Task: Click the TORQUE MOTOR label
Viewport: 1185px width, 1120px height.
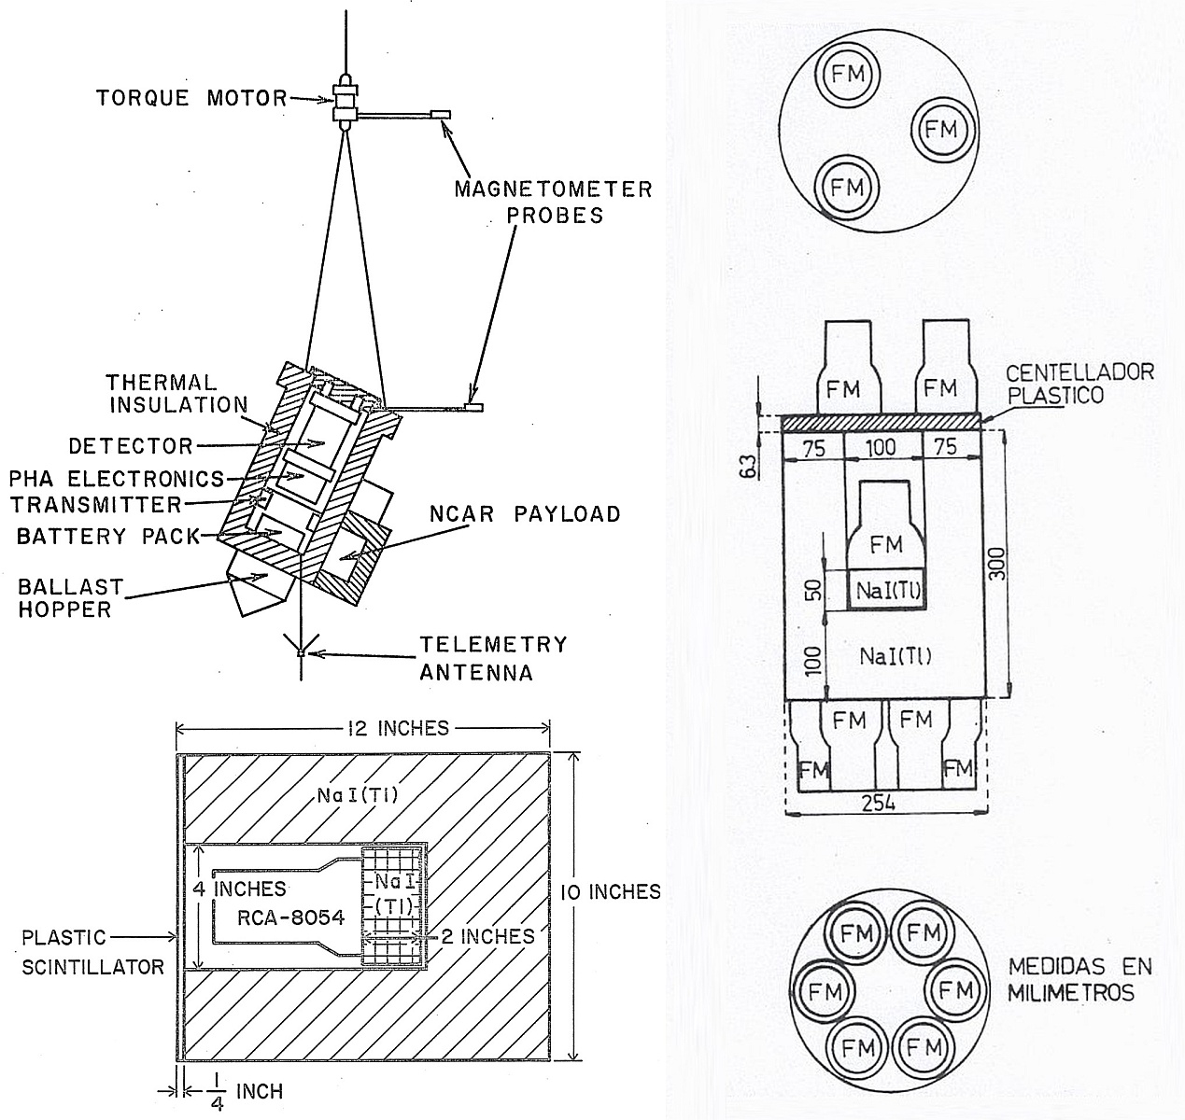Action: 191,97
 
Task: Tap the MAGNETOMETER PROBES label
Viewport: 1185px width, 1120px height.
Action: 553,203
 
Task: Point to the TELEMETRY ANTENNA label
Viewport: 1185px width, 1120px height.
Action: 493,658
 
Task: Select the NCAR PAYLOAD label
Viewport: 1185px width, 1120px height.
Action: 526,513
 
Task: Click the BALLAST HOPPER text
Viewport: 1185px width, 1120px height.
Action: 71,598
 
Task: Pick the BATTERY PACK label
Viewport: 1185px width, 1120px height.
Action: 109,536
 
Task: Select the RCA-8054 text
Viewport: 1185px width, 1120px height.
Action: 278,917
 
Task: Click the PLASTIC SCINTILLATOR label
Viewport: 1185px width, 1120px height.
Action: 93,951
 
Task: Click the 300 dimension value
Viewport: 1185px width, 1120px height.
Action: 997,564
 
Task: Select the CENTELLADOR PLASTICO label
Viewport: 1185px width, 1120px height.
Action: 1079,383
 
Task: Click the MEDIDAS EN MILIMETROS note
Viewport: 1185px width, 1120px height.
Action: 1079,978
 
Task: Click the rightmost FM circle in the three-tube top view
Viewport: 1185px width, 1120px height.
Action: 940,129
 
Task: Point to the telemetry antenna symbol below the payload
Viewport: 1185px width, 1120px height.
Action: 301,651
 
